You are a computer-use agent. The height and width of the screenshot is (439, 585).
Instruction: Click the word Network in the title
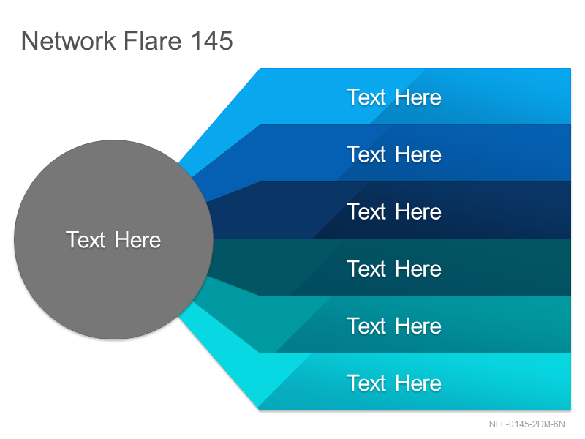point(69,40)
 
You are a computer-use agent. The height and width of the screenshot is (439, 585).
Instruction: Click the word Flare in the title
point(153,40)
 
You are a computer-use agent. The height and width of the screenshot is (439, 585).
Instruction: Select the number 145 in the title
point(212,40)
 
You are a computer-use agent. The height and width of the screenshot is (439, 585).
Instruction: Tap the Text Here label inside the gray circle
point(113,240)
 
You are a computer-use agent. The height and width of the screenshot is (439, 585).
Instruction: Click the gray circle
point(114,240)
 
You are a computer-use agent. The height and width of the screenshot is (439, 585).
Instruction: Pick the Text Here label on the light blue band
point(394,97)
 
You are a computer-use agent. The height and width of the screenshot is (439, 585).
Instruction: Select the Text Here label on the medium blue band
point(394,154)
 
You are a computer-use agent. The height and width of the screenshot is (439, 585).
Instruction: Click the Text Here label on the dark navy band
point(394,211)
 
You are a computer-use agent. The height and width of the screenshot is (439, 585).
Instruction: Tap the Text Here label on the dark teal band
point(394,269)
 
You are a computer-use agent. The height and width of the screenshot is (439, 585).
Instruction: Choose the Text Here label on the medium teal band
point(394,326)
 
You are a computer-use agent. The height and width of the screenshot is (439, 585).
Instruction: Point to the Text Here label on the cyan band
point(394,383)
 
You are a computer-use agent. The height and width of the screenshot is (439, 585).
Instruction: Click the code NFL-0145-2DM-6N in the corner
point(526,424)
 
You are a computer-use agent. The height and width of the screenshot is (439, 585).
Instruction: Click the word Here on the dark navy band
point(418,211)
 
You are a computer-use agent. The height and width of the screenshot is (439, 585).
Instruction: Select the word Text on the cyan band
point(366,383)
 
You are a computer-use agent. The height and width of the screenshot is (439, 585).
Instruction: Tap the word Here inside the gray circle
point(137,240)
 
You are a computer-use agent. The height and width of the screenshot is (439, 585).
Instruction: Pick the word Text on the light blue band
point(366,97)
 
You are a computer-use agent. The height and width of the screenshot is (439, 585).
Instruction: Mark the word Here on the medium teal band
point(418,326)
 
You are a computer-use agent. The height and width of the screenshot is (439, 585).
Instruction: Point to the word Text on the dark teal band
point(366,269)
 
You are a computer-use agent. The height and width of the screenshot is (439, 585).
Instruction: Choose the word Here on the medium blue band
point(418,154)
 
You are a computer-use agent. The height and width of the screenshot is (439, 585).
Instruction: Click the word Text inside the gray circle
point(86,240)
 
